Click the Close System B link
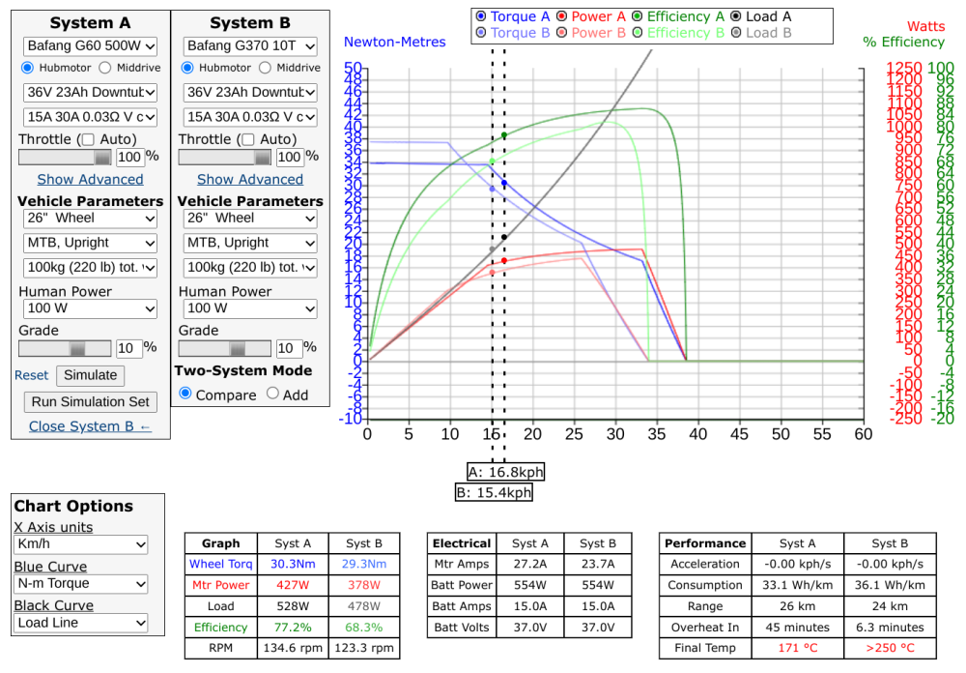(x=90, y=426)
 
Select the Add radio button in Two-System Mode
(x=272, y=394)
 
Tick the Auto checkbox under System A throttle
(x=88, y=139)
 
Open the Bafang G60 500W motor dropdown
(x=90, y=45)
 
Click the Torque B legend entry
(x=513, y=33)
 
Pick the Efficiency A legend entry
(x=678, y=16)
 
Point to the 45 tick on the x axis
(x=739, y=435)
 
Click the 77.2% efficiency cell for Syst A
(x=292, y=628)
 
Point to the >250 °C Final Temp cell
(x=883, y=648)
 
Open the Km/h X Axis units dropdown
(x=81, y=545)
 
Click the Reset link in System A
(x=31, y=375)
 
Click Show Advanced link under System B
(x=250, y=179)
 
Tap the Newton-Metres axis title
(x=395, y=42)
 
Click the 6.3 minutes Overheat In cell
(x=883, y=628)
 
